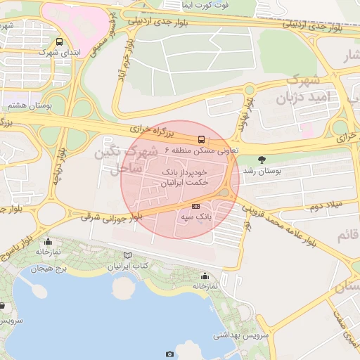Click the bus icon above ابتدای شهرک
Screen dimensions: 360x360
coord(58,42)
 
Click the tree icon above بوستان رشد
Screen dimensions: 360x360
coord(262,160)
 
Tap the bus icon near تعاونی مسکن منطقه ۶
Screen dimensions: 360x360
coord(202,139)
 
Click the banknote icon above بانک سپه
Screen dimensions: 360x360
coord(195,206)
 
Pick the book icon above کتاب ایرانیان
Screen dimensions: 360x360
coord(127,255)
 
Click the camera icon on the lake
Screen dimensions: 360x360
coord(169,354)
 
